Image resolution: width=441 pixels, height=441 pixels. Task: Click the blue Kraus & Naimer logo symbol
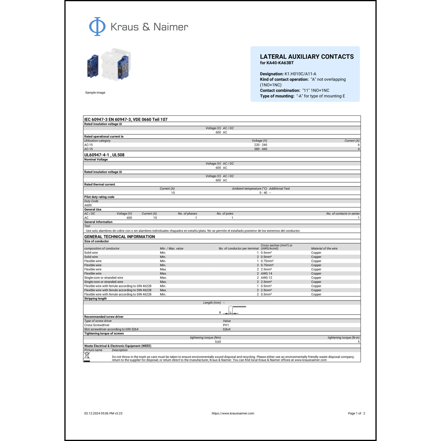(97, 26)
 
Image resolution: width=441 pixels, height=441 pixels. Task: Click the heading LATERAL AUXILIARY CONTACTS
(307, 57)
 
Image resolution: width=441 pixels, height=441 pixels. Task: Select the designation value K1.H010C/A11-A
(300, 74)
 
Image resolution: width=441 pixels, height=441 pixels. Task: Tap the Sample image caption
(95, 93)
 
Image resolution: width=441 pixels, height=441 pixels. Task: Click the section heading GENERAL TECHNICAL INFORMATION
(119, 237)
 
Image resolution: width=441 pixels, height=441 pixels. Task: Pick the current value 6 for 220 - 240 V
(358, 145)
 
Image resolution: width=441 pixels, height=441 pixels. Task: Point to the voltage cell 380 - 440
(260, 149)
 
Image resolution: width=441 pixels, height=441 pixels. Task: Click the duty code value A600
(88, 205)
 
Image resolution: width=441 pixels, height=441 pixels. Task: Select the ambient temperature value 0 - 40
(263, 193)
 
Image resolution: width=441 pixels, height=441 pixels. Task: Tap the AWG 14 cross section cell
(266, 273)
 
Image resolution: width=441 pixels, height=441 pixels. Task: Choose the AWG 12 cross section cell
(266, 278)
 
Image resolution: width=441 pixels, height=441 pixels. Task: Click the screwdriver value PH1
(226, 325)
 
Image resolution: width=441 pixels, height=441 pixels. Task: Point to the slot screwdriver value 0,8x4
(226, 329)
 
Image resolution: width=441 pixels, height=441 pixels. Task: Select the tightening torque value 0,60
(218, 342)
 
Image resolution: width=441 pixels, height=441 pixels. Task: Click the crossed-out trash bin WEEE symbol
(87, 357)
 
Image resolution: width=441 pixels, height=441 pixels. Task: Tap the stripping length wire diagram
(234, 310)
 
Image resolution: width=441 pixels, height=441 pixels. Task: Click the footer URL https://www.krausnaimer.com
(233, 413)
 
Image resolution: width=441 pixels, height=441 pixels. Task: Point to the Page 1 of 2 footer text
(356, 413)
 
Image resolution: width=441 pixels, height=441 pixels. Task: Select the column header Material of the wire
(324, 248)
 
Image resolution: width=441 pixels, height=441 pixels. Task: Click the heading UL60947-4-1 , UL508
(104, 155)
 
